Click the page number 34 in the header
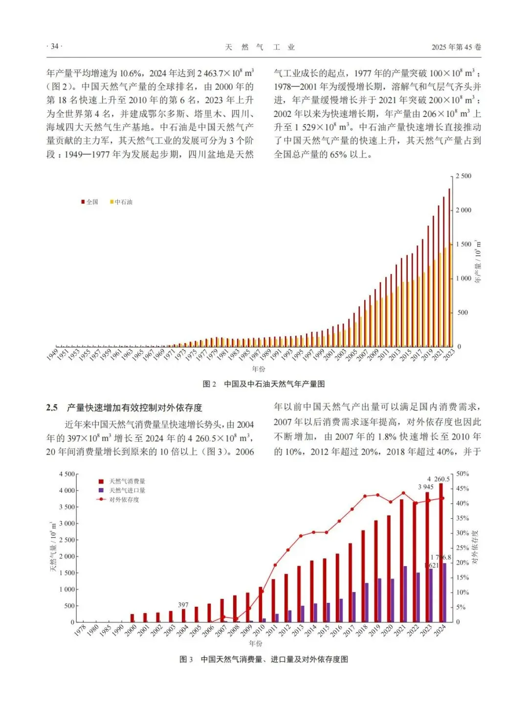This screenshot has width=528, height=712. click(x=54, y=46)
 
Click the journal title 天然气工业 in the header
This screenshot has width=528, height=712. click(x=260, y=47)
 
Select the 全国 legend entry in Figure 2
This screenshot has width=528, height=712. click(x=90, y=202)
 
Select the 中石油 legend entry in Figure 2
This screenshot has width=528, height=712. click(x=121, y=202)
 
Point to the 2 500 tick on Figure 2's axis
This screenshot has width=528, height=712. click(x=463, y=176)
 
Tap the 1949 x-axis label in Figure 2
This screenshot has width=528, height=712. click(x=53, y=354)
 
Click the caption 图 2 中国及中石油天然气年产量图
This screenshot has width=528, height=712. click(x=264, y=384)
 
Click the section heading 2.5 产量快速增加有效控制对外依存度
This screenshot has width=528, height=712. click(x=124, y=408)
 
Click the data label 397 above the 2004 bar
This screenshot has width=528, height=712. click(x=183, y=605)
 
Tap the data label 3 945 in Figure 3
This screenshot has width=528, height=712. click(x=426, y=487)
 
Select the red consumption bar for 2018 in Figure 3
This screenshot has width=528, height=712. click(x=363, y=575)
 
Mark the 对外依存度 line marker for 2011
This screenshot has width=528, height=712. click(x=275, y=565)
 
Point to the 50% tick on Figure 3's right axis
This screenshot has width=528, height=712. click(x=462, y=474)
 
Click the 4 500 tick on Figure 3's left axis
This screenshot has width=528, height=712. click(x=67, y=474)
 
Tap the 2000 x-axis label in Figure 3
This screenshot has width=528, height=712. click(x=131, y=631)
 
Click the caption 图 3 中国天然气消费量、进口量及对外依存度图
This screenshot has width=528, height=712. click(x=264, y=659)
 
